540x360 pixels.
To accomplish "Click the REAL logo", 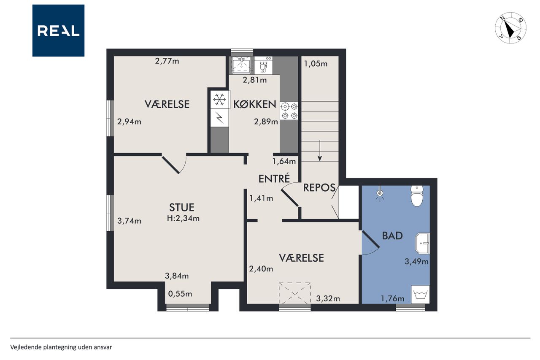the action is coord(58,30).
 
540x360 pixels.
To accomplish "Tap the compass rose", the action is coord(510,28).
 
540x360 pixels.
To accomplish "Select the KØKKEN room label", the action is coord(254,104).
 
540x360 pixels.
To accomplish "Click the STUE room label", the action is coord(181,207).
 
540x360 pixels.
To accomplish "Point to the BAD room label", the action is coord(392,235).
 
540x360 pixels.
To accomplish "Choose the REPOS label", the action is coord(319,187).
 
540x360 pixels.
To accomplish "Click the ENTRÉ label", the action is coord(274,179).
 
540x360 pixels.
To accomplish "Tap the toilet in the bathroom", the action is coord(417,196).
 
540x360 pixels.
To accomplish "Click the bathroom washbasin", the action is coord(422,243).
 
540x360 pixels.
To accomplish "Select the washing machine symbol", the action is coord(420,295).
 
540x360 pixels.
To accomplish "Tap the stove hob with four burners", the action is coord(289,111).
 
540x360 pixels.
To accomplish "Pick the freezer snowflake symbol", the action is coord(220,99).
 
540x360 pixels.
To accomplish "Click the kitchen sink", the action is coord(241,65).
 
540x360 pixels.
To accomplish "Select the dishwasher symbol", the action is coord(263,65).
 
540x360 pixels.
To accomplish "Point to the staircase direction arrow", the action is coord(320,151).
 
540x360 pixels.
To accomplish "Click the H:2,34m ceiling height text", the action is coord(183,219).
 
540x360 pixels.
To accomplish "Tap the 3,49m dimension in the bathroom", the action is coord(416,261).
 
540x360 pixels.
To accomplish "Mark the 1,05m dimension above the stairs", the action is coord(316,64).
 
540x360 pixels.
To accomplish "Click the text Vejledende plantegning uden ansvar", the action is coord(61,347).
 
